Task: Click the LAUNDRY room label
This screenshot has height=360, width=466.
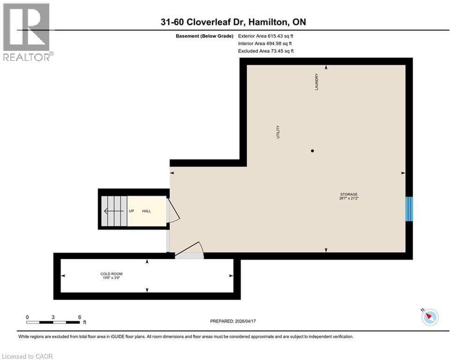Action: (317, 82)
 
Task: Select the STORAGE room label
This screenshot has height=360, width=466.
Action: (349, 194)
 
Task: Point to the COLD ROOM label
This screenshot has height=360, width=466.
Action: (111, 274)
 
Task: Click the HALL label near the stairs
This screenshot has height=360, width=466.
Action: (147, 211)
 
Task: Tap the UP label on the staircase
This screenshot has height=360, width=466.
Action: (132, 211)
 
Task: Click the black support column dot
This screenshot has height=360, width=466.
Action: (312, 151)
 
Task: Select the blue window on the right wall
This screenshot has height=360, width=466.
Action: (409, 209)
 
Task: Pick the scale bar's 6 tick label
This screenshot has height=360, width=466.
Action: (80, 317)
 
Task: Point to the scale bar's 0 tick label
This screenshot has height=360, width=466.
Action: (27, 317)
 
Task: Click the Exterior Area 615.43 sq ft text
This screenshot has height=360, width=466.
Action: (266, 36)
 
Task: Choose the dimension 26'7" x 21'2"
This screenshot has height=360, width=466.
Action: (349, 199)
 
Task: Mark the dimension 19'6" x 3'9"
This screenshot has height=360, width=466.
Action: (111, 278)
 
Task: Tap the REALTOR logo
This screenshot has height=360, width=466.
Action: (27, 32)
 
